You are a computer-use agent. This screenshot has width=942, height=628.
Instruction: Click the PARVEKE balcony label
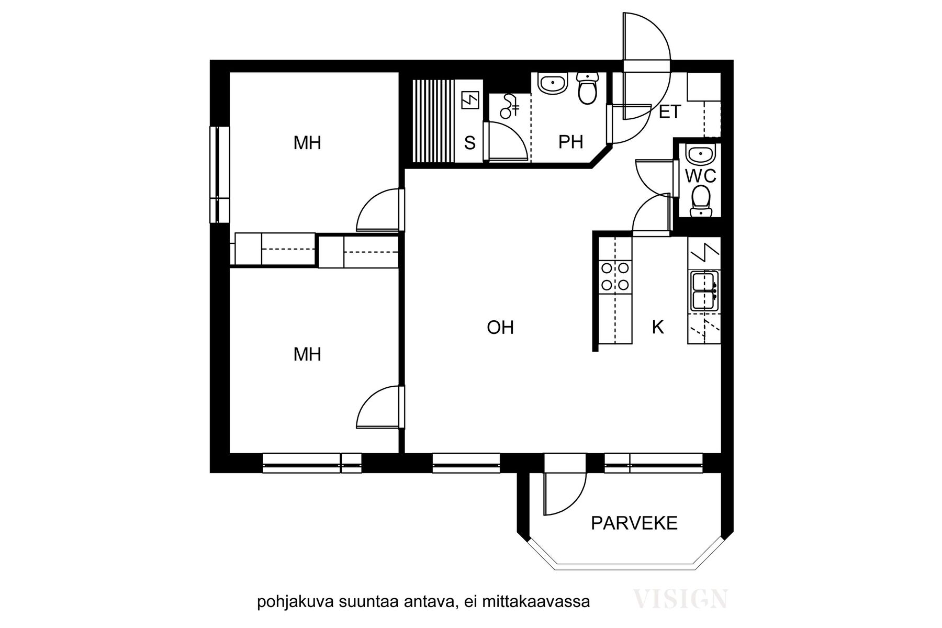[x=634, y=523]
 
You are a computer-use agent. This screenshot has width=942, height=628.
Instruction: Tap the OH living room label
[x=500, y=328]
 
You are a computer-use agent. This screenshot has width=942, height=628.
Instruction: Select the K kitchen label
[x=658, y=327]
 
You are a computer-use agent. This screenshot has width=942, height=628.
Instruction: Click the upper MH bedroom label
[x=307, y=143]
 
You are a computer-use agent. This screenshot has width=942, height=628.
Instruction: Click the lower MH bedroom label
[x=307, y=355]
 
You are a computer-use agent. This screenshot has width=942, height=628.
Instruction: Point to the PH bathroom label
[x=570, y=142]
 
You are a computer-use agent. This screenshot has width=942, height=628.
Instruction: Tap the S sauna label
[x=470, y=143]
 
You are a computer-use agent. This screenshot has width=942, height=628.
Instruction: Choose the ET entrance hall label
[x=670, y=111]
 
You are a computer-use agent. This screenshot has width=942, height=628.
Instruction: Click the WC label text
[x=701, y=176]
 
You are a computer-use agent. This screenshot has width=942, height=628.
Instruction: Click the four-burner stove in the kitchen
[x=615, y=276]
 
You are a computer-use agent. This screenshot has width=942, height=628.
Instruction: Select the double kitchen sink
[x=704, y=291]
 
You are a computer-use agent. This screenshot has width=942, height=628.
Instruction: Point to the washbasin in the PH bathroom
[x=553, y=84]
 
